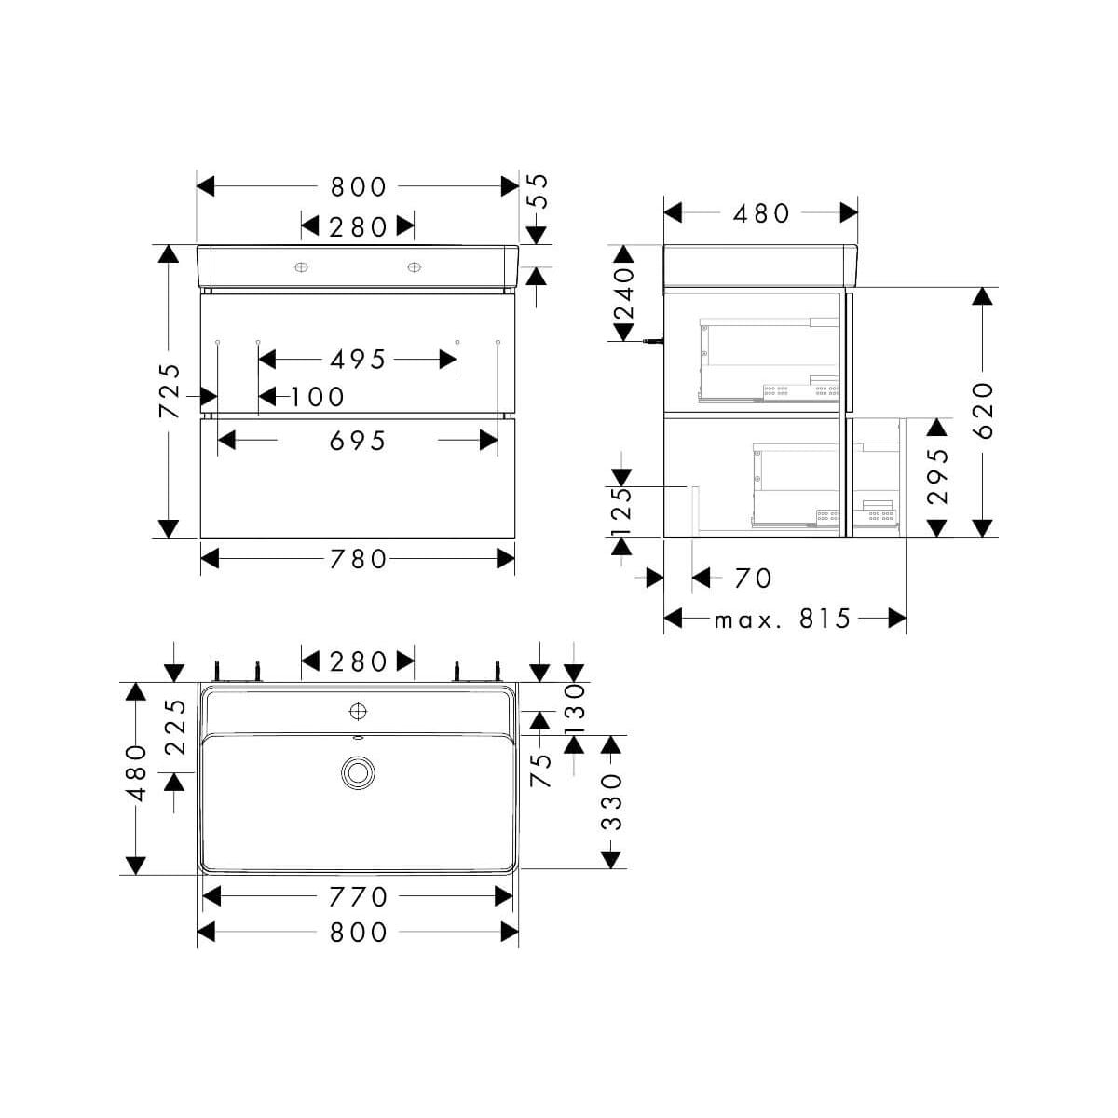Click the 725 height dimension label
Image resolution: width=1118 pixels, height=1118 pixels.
click(x=170, y=391)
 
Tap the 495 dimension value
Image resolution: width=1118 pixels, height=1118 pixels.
click(x=358, y=360)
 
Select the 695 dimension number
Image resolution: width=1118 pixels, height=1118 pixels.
click(x=358, y=441)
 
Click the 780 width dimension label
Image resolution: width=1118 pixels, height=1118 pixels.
click(x=358, y=559)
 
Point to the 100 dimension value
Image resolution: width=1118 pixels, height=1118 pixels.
click(x=317, y=398)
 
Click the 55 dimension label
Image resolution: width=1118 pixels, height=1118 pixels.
click(x=539, y=192)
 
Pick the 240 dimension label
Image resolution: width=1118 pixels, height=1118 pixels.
click(x=625, y=294)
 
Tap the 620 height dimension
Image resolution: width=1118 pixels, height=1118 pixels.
click(x=983, y=410)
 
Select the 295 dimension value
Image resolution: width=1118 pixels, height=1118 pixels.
click(x=937, y=476)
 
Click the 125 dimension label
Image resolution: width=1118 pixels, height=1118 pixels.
click(x=622, y=512)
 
